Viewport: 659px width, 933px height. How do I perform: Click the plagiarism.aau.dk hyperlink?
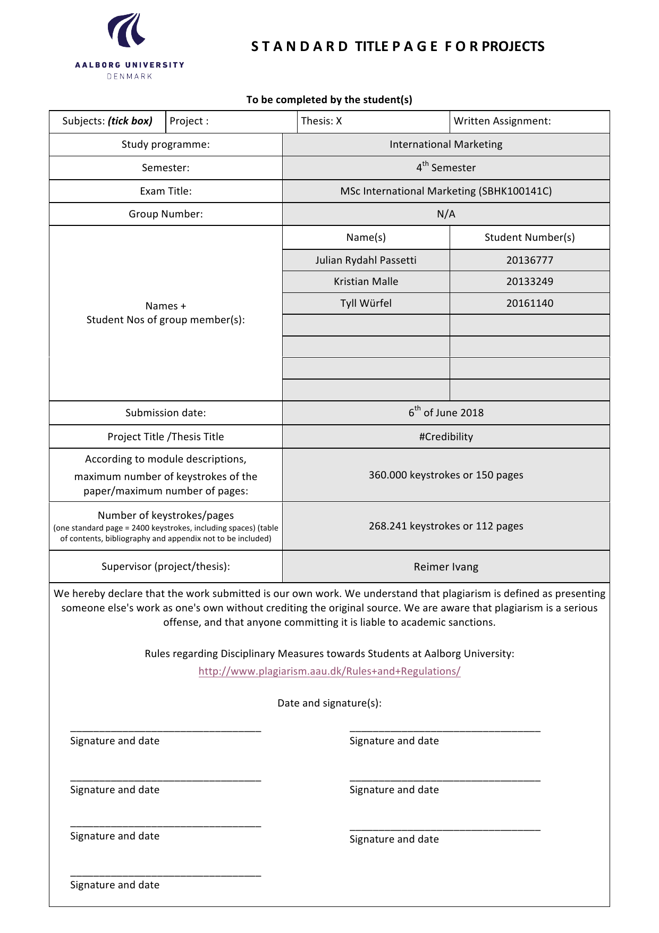pos(329,671)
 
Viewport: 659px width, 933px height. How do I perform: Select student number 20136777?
pos(529,260)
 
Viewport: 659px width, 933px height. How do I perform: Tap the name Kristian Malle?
pos(366,282)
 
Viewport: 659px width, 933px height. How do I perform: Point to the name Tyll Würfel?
pos(366,304)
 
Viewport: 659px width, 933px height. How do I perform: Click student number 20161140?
pos(529,304)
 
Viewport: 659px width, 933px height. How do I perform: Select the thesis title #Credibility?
pos(446,436)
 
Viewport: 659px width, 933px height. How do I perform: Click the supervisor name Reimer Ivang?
pos(446,567)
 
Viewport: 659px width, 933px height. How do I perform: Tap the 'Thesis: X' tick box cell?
pos(322,121)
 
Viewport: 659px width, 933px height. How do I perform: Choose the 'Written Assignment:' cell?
pos(502,121)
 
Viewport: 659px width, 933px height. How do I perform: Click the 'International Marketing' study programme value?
pos(446,145)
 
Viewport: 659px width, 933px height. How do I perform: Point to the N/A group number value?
pos(446,214)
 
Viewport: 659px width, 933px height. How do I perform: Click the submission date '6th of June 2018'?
pos(446,413)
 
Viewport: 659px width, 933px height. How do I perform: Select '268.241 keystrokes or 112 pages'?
pos(446,526)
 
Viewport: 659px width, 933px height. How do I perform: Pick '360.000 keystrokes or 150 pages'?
pos(446,475)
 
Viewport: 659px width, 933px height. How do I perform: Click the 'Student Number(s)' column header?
pos(529,238)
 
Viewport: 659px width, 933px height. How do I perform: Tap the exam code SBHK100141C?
pos(516,191)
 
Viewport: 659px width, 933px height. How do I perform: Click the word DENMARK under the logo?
pos(130,77)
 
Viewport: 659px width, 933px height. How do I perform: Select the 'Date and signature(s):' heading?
pos(329,703)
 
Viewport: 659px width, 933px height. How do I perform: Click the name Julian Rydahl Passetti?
pos(366,260)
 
